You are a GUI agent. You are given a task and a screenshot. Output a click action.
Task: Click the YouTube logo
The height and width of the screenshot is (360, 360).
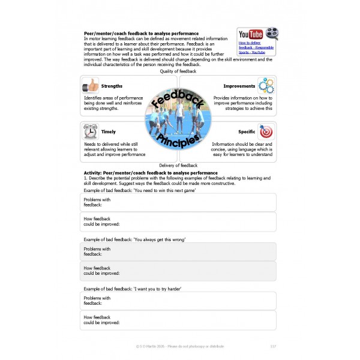250,34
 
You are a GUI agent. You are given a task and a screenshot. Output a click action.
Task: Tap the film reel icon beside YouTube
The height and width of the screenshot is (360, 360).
271,34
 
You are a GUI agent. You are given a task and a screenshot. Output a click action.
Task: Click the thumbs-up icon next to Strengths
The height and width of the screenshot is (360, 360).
91,86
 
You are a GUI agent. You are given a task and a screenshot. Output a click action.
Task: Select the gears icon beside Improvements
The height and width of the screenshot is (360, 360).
266,86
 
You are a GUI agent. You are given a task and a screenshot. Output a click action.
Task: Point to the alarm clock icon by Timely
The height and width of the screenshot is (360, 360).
91,131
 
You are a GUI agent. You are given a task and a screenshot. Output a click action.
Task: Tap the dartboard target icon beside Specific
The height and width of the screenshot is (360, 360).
266,131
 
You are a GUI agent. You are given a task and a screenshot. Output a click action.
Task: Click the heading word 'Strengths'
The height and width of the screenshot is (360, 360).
112,86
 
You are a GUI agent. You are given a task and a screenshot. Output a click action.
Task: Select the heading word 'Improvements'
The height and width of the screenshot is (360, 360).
239,86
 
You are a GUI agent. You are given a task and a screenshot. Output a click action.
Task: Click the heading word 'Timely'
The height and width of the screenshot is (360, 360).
109,132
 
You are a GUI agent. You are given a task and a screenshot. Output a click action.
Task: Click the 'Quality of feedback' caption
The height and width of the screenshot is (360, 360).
178,71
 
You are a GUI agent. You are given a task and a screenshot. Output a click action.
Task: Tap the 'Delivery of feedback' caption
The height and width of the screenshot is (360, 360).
178,165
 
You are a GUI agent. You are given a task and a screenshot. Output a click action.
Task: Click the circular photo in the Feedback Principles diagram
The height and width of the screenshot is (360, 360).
178,119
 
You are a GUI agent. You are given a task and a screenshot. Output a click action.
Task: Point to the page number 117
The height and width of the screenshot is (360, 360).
273,346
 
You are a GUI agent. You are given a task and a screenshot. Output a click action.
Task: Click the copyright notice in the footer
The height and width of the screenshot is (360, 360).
179,346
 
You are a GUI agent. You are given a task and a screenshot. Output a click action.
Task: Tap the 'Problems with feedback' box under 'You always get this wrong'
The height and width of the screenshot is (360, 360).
178,251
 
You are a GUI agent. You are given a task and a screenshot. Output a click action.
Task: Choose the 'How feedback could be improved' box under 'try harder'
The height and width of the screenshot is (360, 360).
178,320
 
